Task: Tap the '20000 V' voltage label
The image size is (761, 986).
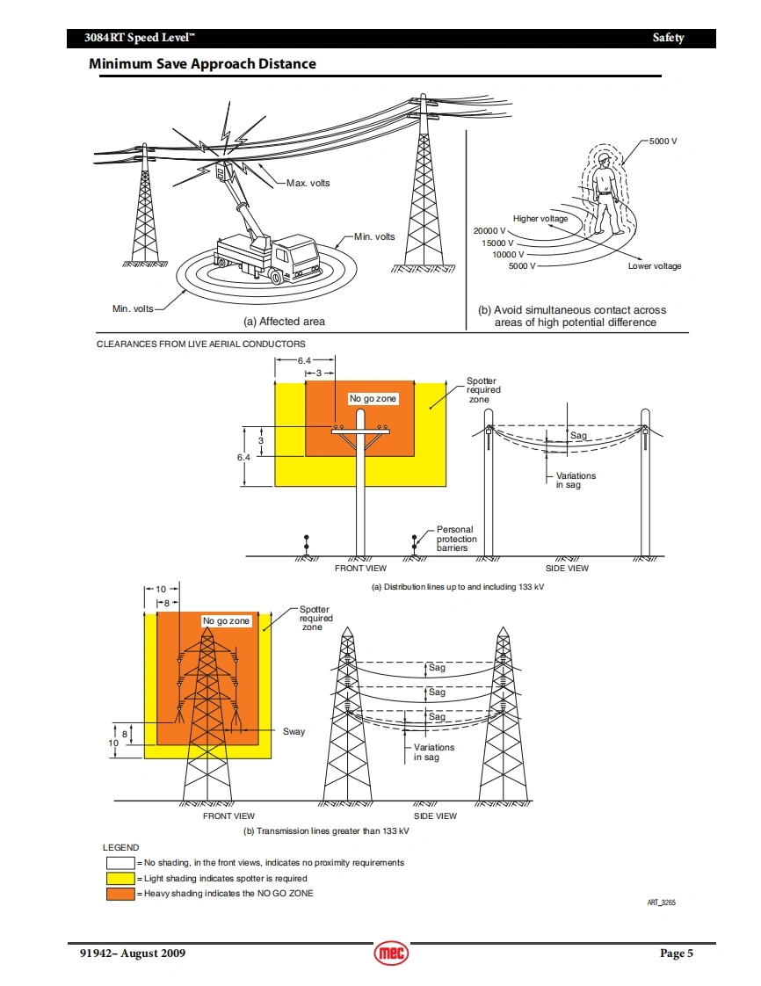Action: (x=490, y=231)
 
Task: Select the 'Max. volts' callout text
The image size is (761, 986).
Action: (x=308, y=183)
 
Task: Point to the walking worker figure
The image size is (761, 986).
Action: (x=605, y=200)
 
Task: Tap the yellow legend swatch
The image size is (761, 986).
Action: (x=120, y=878)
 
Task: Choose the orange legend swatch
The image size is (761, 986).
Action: (x=120, y=894)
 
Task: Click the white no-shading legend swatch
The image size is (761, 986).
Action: (x=120, y=862)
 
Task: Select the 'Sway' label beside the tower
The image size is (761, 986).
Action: (x=294, y=731)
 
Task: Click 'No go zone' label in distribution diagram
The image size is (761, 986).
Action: (x=373, y=399)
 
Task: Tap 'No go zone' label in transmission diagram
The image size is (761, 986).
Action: (x=227, y=621)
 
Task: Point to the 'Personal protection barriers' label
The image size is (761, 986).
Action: (x=457, y=539)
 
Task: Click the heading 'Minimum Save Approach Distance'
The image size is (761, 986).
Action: (x=202, y=64)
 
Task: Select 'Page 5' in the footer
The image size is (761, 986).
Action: (x=677, y=953)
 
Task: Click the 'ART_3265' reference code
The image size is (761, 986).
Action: (x=662, y=903)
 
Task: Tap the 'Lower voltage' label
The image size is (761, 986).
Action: (x=655, y=266)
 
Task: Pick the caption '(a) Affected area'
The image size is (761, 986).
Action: (x=284, y=322)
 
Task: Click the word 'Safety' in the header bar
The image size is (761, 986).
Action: (x=668, y=38)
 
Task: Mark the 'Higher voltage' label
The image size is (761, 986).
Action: (x=540, y=219)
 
